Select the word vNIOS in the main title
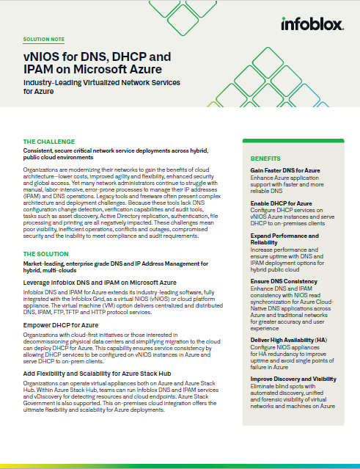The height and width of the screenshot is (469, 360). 42,57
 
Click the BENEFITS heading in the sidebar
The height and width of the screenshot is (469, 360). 265,158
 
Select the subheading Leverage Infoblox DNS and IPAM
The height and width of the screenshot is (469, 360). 100,282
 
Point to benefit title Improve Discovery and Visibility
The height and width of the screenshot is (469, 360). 293,379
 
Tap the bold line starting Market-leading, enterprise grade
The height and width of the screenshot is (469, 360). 115,266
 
